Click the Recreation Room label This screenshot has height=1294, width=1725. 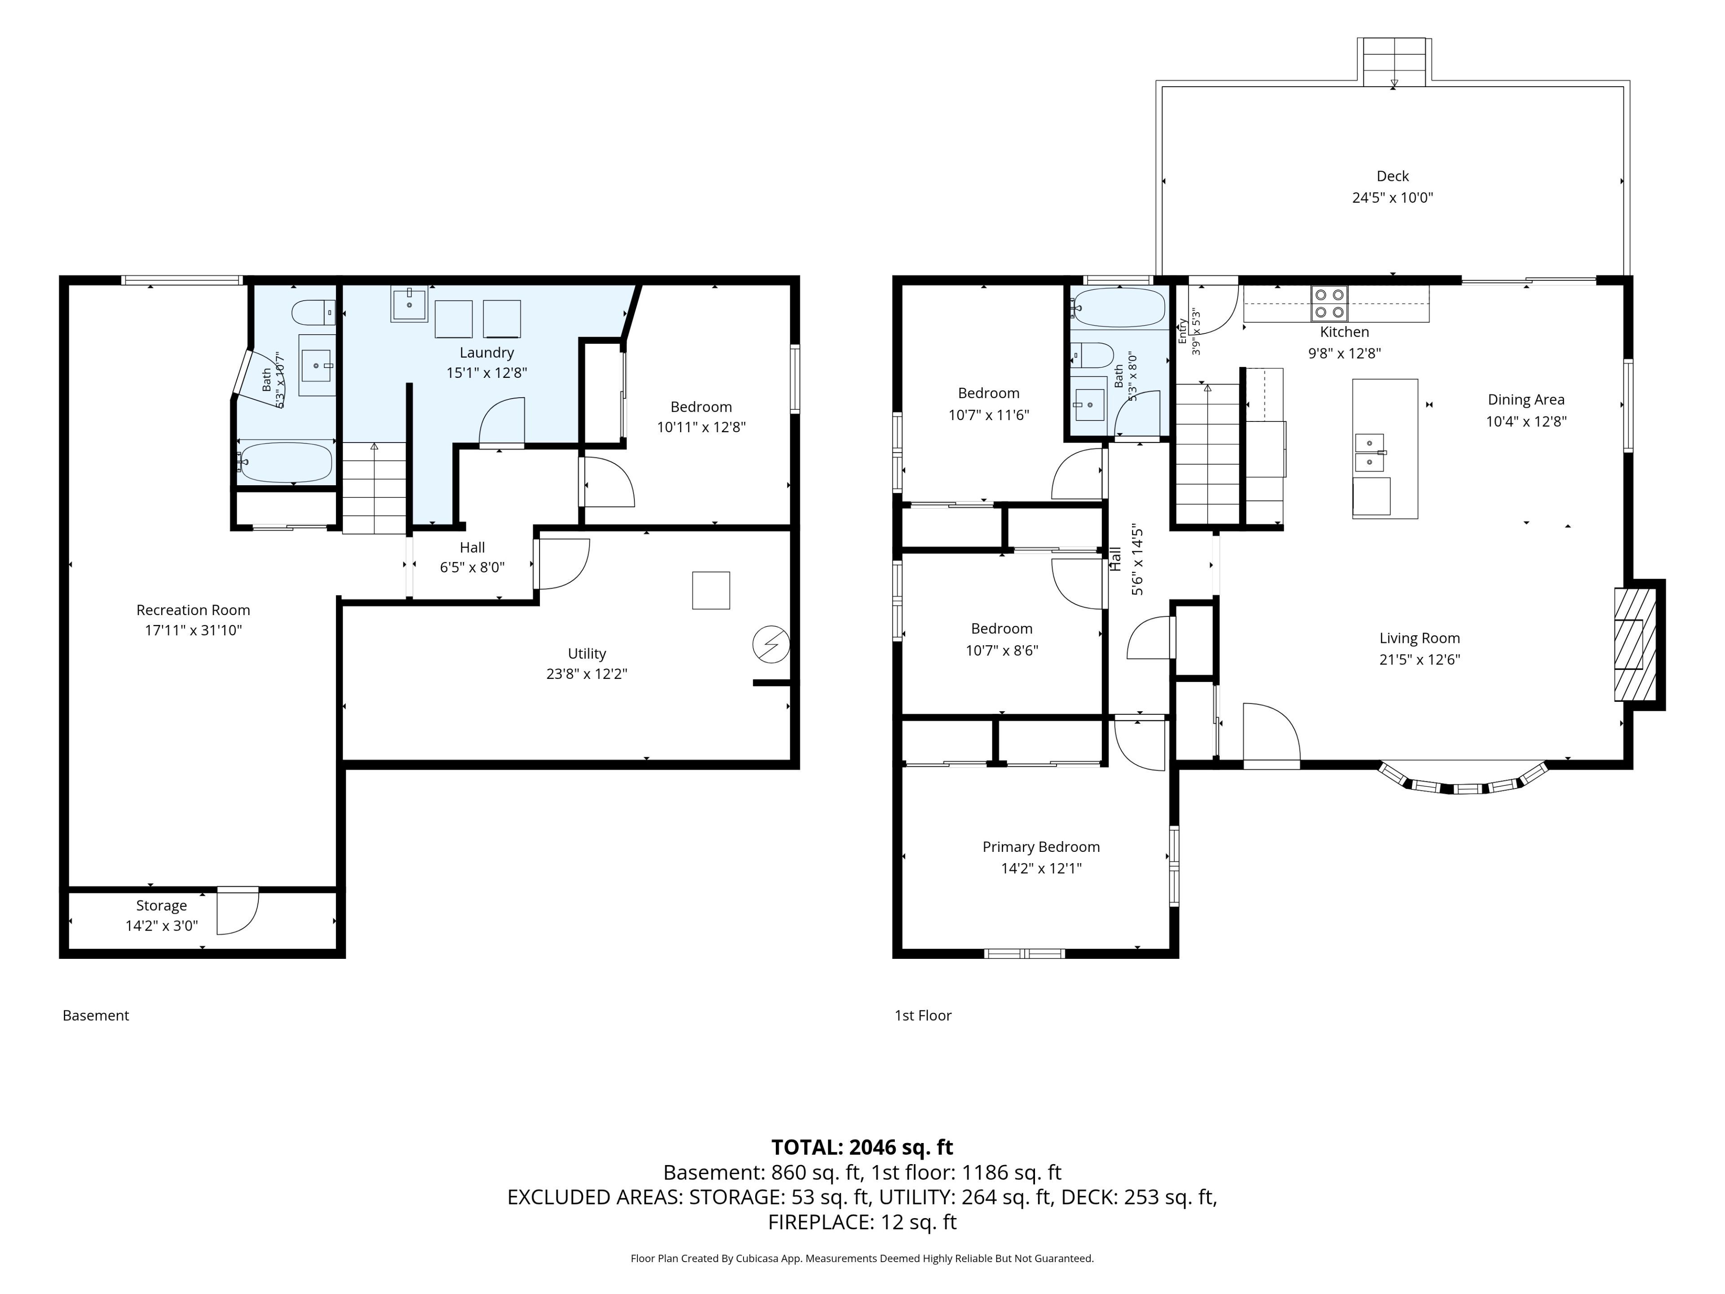click(194, 610)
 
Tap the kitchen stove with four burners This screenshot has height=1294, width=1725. click(1330, 303)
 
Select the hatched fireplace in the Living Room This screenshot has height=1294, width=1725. click(1635, 644)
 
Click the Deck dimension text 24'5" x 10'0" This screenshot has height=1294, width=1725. click(1393, 197)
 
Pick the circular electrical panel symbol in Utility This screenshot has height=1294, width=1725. click(770, 645)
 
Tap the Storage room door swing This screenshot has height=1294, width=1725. click(238, 911)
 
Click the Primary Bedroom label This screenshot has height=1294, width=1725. click(1041, 847)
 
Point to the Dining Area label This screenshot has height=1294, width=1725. click(1526, 399)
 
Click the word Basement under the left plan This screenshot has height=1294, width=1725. click(96, 1015)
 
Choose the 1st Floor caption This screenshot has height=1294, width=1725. click(923, 1015)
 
